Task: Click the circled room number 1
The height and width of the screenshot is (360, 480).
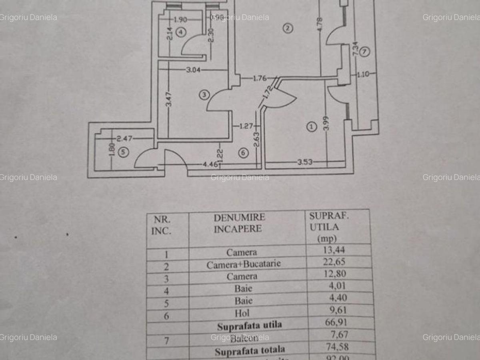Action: click(310, 127)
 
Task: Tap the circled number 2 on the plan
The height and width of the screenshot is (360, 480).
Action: click(288, 28)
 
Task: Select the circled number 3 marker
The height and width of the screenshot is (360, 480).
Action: click(204, 95)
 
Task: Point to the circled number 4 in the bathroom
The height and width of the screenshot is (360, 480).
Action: click(181, 32)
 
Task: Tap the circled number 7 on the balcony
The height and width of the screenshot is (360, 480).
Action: click(364, 51)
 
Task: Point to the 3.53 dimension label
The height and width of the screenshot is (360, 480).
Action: click(305, 162)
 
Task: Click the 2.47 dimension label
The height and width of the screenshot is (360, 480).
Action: click(124, 138)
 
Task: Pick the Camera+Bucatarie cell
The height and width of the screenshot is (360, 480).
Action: click(243, 264)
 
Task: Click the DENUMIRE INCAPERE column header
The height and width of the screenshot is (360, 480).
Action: click(239, 223)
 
